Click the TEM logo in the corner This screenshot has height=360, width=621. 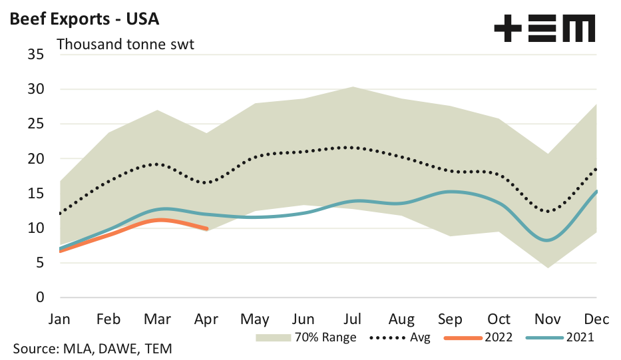click(x=544, y=30)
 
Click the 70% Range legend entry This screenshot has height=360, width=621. click(x=306, y=337)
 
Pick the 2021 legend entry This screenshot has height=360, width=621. click(x=559, y=337)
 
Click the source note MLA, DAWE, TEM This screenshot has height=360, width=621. click(x=94, y=349)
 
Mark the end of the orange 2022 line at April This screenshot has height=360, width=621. click(x=206, y=228)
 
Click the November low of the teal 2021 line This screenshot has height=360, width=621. click(x=546, y=240)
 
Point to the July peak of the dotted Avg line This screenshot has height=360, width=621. click(x=353, y=147)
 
